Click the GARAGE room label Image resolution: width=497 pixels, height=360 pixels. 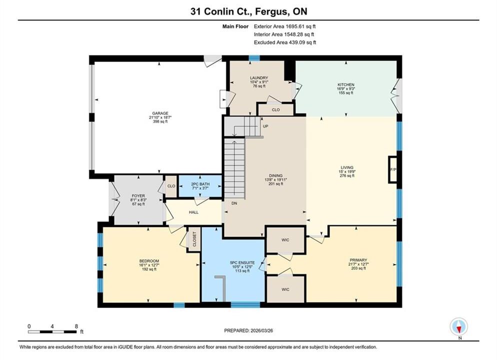[160, 113]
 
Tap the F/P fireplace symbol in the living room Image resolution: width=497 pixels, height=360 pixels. [393, 169]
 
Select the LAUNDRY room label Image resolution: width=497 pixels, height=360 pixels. [259, 78]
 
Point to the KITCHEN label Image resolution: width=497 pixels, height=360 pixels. [346, 85]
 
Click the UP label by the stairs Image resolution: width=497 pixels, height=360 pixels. [265, 126]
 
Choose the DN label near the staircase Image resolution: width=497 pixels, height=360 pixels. [234, 203]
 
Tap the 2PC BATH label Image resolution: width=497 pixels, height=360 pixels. [200, 184]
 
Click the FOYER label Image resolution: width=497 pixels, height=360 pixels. [138, 196]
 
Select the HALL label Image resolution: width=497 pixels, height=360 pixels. [193, 212]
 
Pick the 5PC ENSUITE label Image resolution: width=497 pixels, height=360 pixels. [242, 262]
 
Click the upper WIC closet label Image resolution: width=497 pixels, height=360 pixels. [285, 240]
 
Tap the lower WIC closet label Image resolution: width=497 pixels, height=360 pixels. [285, 289]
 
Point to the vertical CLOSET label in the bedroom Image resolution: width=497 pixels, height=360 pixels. [194, 239]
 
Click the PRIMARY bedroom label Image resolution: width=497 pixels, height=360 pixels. [358, 260]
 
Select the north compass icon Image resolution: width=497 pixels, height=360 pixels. [459, 326]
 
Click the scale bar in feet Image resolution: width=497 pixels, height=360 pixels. [52, 332]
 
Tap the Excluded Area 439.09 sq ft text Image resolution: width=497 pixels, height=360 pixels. [285, 42]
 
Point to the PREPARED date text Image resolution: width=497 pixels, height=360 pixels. [248, 330]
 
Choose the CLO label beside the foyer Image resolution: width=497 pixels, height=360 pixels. [171, 186]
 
